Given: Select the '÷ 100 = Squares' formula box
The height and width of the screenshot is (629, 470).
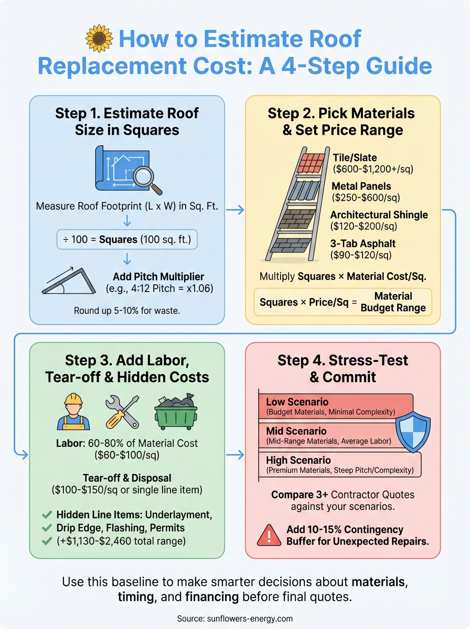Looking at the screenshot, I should coord(127,240).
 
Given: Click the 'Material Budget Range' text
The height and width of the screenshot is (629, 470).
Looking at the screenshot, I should coord(393,302).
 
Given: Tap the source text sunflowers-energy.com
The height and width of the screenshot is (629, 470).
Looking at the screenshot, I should coord(234,618).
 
